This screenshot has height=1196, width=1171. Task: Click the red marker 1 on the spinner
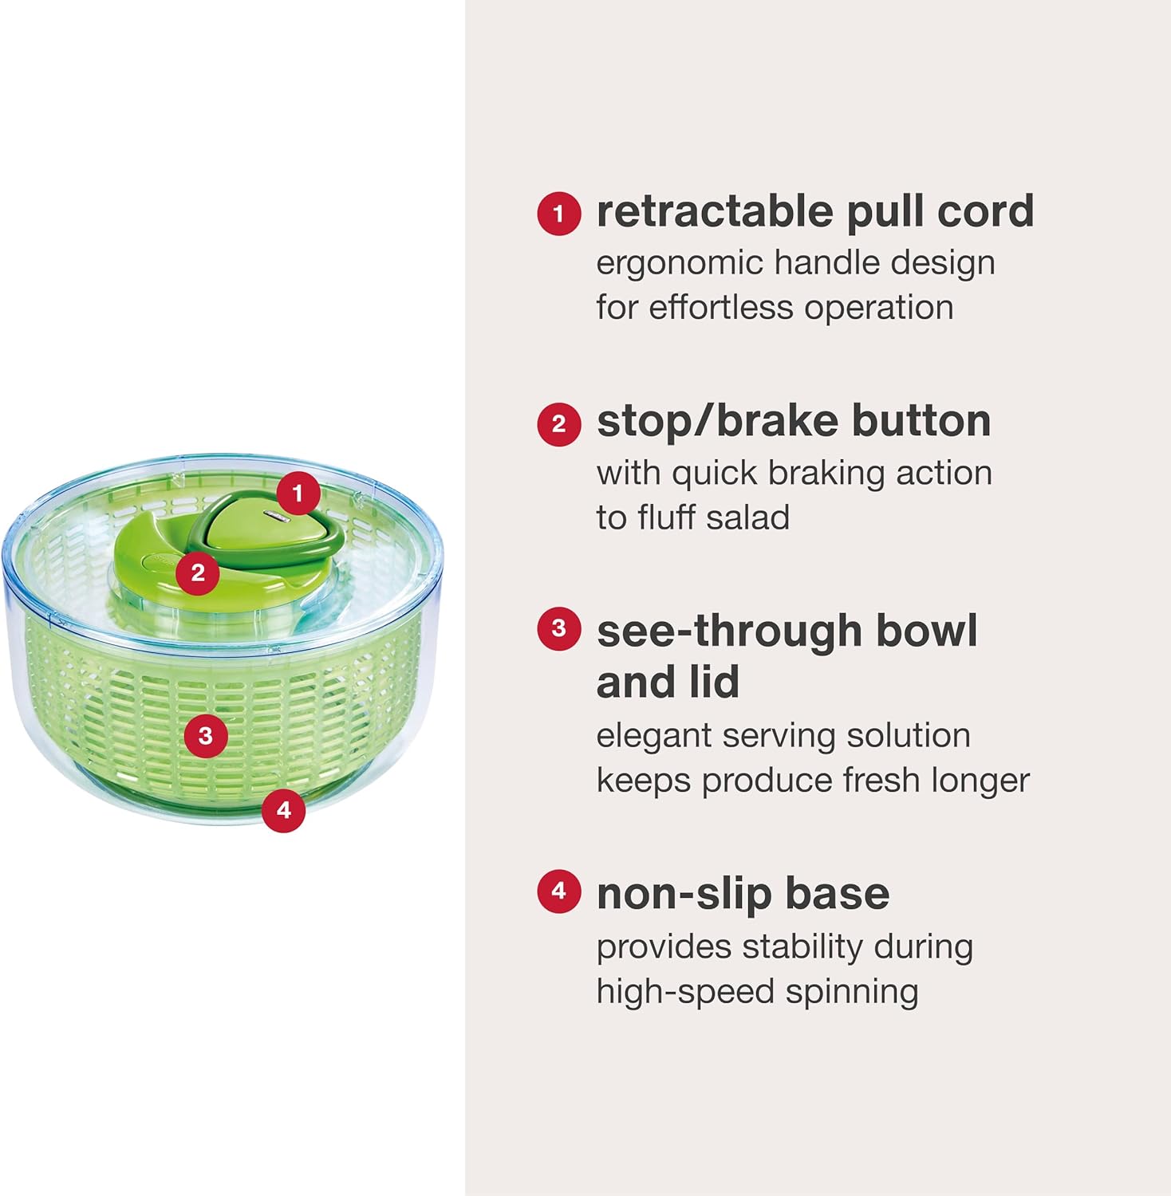click(298, 494)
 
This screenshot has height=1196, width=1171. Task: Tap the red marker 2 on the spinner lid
click(198, 572)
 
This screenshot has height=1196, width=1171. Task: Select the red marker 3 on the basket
click(206, 734)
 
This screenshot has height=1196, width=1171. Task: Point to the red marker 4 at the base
click(284, 810)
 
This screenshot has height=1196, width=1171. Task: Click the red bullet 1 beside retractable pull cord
click(558, 213)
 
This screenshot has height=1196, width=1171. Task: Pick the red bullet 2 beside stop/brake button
click(558, 423)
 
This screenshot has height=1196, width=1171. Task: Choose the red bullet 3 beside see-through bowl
click(558, 629)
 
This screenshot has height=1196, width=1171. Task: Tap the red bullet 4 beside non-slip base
click(558, 891)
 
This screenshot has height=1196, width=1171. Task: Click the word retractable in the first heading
click(715, 211)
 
